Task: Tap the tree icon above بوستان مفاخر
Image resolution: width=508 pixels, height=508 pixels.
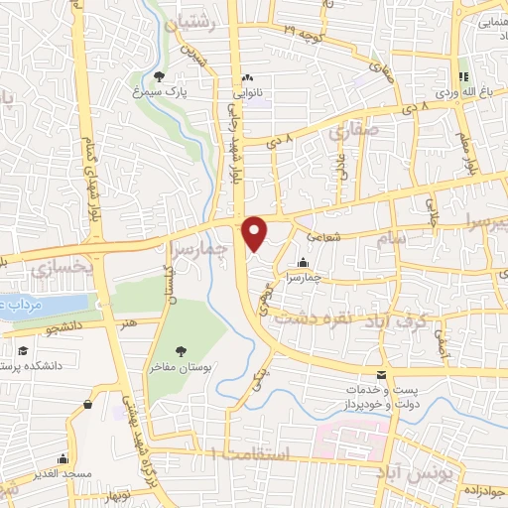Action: (x=180, y=351)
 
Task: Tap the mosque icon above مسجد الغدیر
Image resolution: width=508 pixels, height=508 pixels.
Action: (x=63, y=459)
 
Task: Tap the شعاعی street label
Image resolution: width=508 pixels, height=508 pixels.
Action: (x=322, y=237)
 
